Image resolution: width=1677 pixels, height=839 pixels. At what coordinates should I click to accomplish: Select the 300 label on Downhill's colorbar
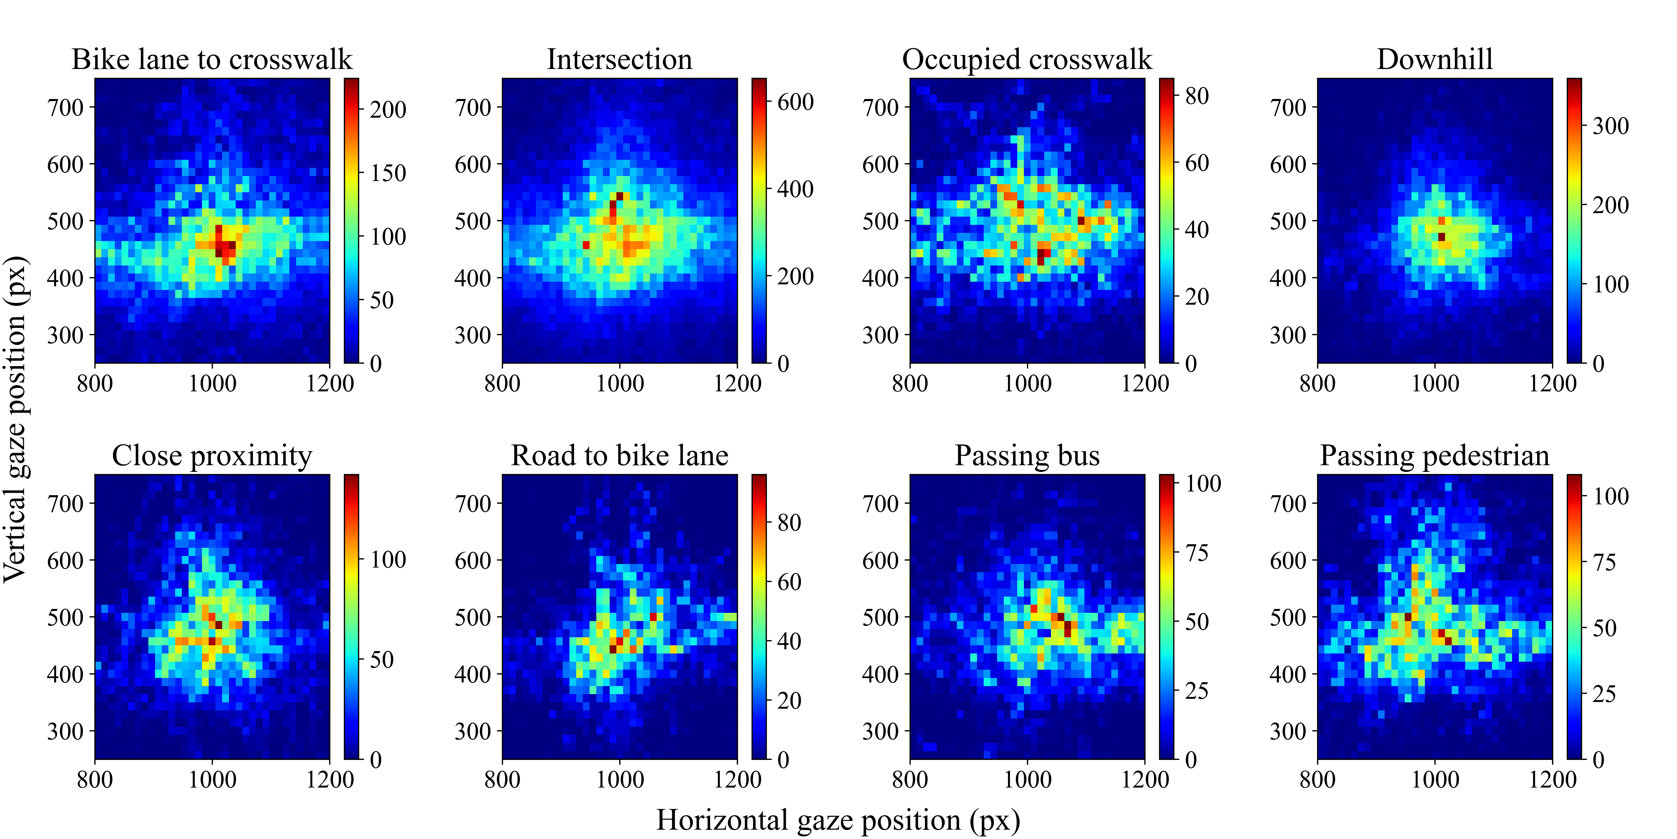pos(1611,126)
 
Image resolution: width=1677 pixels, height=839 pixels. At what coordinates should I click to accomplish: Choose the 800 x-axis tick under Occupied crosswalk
pos(910,383)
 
